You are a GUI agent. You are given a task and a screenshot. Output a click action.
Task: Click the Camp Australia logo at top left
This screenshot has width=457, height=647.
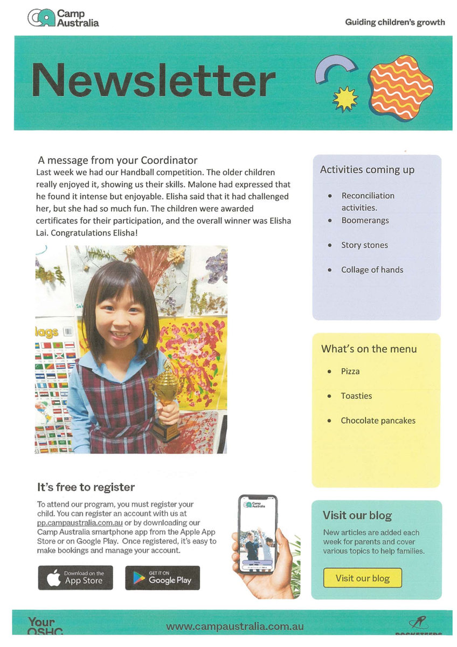(x=63, y=18)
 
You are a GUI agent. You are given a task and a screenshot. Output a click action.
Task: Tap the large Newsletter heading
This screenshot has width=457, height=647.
(x=154, y=80)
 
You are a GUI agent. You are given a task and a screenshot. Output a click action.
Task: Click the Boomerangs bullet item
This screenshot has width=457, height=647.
(x=365, y=220)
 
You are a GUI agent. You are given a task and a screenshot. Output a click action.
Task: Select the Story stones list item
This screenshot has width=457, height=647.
(x=364, y=245)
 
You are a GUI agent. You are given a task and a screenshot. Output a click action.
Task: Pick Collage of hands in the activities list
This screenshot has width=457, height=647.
(x=372, y=270)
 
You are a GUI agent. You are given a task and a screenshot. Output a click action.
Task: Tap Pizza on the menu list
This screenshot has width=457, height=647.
(x=350, y=371)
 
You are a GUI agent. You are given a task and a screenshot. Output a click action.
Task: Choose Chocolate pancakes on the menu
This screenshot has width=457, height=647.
(x=378, y=421)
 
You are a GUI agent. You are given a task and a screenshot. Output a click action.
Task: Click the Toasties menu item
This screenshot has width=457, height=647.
(x=356, y=396)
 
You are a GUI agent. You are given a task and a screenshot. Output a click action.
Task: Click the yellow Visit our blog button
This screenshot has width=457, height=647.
(x=362, y=578)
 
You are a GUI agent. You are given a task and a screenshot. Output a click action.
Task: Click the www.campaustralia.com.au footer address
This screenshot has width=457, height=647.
(x=235, y=627)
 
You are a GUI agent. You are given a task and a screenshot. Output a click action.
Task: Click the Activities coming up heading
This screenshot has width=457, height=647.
(x=367, y=170)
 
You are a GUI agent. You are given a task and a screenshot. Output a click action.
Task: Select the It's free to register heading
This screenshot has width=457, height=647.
(x=86, y=487)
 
